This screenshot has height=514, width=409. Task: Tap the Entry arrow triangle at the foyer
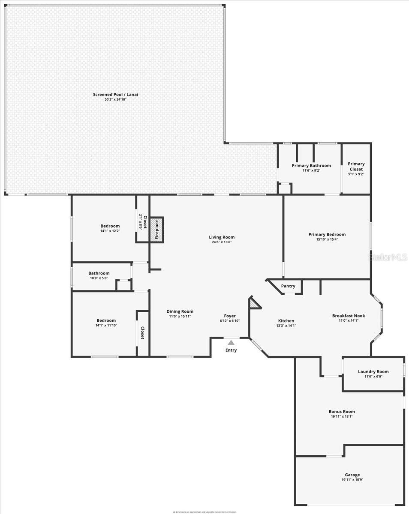click(x=231, y=342)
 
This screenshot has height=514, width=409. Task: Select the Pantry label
click(x=288, y=286)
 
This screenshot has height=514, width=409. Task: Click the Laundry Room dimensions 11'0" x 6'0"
click(x=373, y=377)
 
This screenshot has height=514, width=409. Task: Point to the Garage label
click(x=352, y=475)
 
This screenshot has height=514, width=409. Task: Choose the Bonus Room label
click(x=342, y=412)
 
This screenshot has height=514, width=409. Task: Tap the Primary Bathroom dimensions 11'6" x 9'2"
click(x=311, y=170)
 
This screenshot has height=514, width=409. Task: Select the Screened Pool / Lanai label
click(x=116, y=95)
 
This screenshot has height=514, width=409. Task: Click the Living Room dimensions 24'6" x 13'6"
click(x=222, y=242)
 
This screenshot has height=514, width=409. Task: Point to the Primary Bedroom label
click(x=327, y=234)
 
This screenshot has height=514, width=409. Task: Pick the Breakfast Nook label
click(x=349, y=316)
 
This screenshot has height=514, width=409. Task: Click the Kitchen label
click(x=286, y=321)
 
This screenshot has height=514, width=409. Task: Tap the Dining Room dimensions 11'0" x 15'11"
click(x=180, y=317)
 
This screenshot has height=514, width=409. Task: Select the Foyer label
click(x=230, y=316)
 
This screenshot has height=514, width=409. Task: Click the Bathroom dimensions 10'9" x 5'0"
click(x=99, y=278)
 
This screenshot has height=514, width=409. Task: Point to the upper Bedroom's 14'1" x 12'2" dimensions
click(x=110, y=231)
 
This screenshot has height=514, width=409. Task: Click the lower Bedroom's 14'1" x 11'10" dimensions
click(x=106, y=325)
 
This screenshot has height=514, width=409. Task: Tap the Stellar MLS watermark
click(x=388, y=257)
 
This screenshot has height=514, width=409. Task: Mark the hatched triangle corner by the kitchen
click(x=254, y=303)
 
